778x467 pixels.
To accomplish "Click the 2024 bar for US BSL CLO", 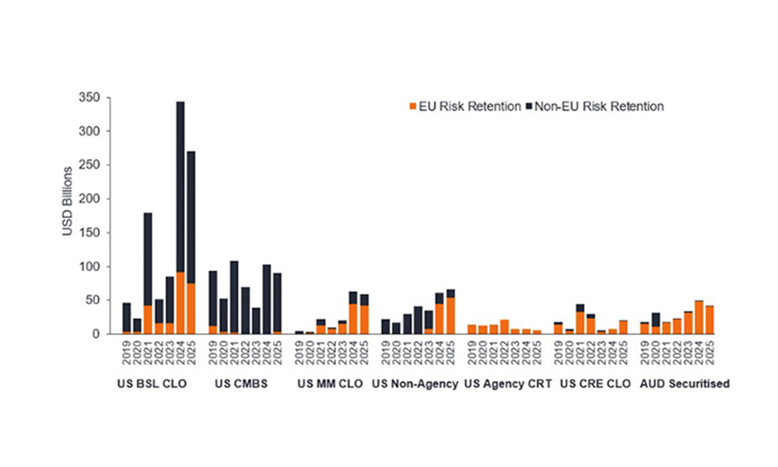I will pyautogui.click(x=180, y=218).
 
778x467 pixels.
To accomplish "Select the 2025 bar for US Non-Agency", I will pyautogui.click(x=450, y=311).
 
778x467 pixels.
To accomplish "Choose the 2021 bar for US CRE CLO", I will pyautogui.click(x=580, y=319).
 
